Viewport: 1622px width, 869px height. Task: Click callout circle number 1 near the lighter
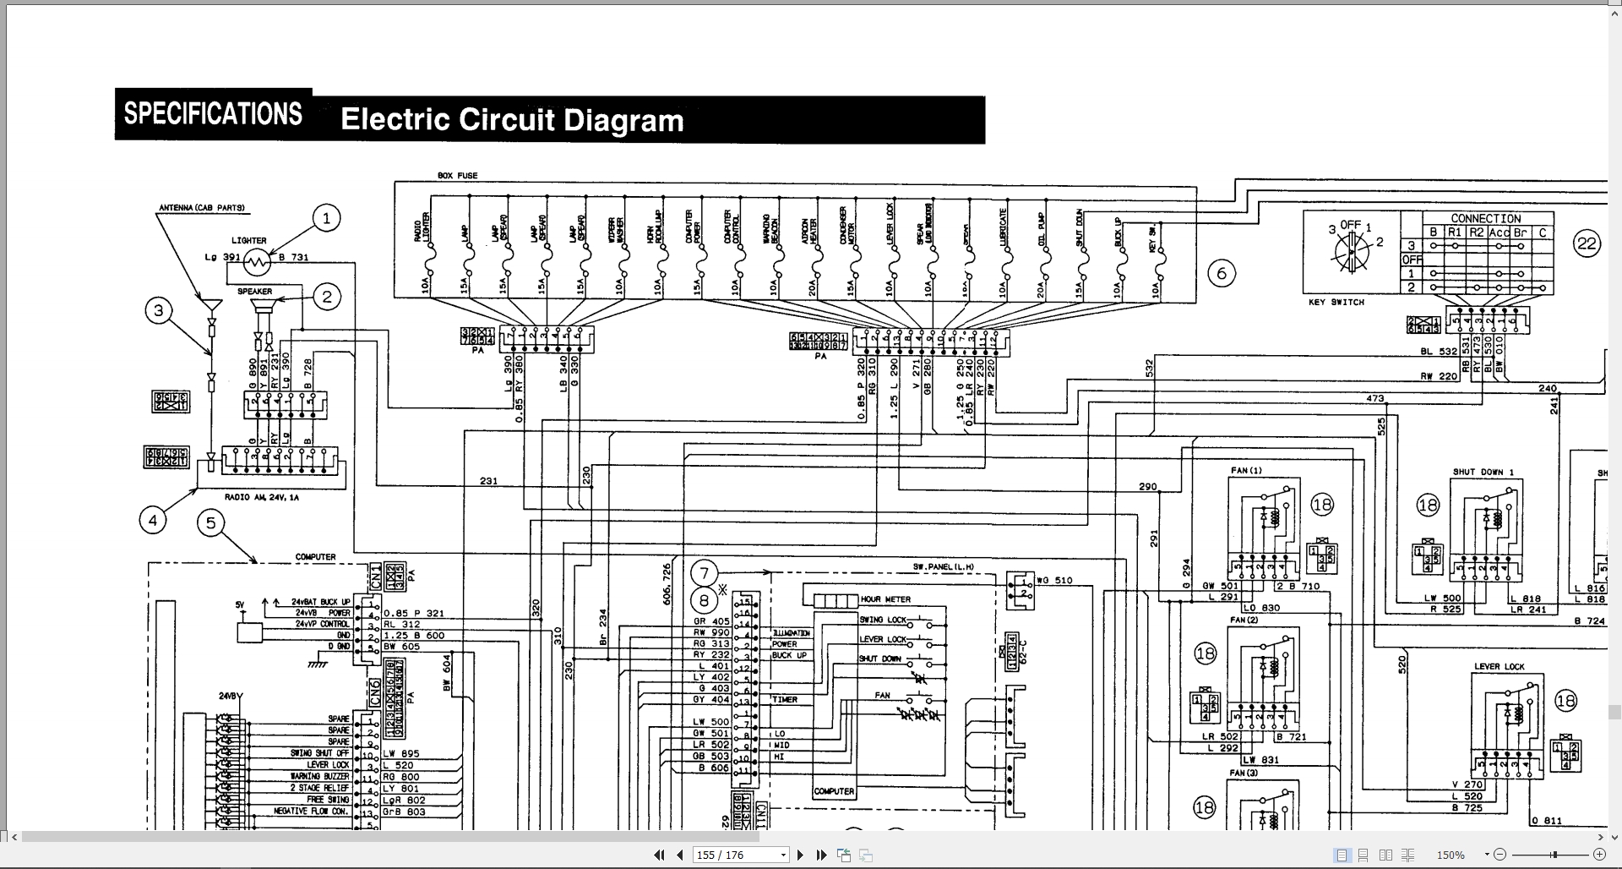click(326, 218)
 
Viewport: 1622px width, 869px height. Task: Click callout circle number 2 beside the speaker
click(327, 297)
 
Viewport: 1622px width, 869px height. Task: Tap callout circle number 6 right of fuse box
click(1221, 273)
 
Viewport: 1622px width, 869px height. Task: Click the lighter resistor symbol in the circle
click(258, 263)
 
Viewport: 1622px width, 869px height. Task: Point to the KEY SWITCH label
click(1336, 302)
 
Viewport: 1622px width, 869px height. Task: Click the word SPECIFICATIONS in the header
click(213, 114)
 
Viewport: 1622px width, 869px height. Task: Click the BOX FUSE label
click(457, 176)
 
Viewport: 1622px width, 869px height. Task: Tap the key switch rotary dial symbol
click(1350, 251)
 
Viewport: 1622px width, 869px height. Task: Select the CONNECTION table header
click(1485, 218)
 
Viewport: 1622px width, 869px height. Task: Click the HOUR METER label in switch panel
click(885, 599)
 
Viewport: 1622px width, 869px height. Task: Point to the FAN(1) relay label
click(1246, 470)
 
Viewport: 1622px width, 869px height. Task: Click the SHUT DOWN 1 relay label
click(1483, 472)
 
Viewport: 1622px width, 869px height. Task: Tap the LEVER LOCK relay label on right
click(1500, 666)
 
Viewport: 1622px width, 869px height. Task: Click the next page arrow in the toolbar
click(801, 855)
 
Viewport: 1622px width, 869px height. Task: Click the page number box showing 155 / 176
click(740, 855)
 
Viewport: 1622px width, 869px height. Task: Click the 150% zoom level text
click(1451, 855)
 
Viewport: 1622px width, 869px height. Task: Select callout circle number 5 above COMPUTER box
click(210, 522)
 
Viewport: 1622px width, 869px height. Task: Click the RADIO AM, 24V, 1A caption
click(262, 497)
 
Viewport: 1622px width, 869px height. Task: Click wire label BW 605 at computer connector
click(401, 647)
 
